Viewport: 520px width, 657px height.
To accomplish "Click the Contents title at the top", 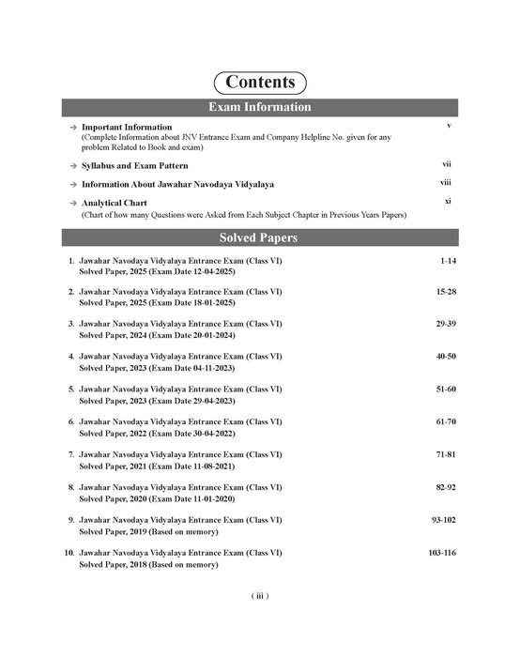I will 260,82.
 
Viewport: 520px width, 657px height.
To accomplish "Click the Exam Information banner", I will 260,107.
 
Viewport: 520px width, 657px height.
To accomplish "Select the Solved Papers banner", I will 260,237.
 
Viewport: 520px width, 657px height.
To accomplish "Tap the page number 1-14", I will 447,260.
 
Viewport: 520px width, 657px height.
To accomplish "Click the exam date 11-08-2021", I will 202,466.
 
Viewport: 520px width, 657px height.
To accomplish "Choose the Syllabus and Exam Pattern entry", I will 139,165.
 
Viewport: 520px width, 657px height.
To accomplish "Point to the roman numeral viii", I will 447,184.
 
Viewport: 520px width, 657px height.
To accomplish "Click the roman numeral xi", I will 449,202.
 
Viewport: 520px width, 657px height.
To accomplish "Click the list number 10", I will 69,554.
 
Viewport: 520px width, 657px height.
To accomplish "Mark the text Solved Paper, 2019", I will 114,531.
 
